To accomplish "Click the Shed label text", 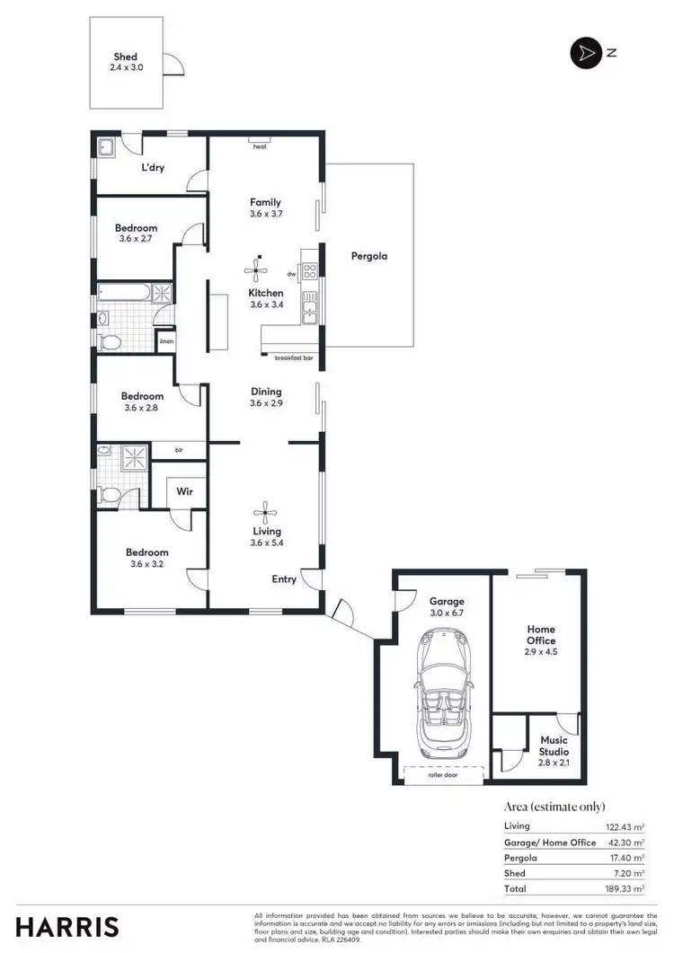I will (126, 57).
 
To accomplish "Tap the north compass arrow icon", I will (585, 53).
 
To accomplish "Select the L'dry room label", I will (152, 168).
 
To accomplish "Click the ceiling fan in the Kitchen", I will (258, 269).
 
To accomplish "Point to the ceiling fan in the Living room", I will (264, 515).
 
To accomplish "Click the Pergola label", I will (368, 256).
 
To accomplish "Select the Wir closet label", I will (185, 491).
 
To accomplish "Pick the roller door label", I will (444, 773).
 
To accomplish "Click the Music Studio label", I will (553, 746).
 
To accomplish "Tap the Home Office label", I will (541, 635).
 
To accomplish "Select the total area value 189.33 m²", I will (626, 888).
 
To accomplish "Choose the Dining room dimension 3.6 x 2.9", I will (266, 404).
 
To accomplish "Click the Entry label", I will (284, 579).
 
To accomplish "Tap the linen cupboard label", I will (165, 341).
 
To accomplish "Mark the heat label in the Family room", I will (260, 146).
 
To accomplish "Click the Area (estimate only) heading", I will (554, 807).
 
